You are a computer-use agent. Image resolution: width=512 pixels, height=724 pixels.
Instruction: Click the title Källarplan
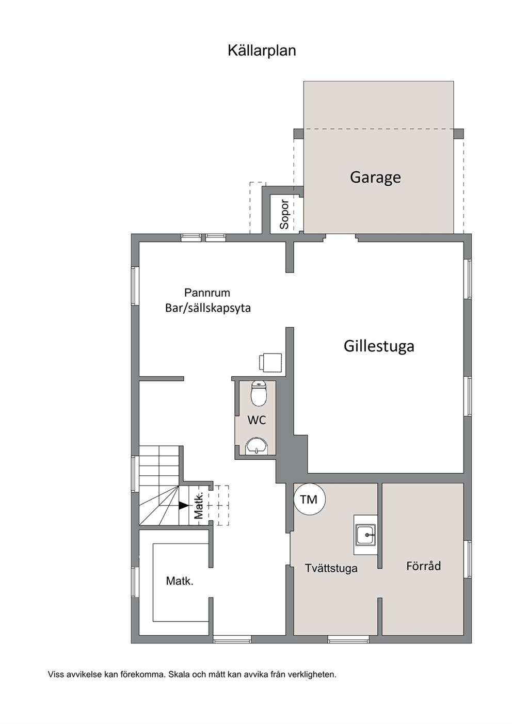(262, 51)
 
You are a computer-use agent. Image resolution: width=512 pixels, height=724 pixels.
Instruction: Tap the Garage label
(375, 177)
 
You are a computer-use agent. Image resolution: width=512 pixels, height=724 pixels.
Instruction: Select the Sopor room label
(284, 215)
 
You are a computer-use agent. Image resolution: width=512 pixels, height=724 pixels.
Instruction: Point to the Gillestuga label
(379, 346)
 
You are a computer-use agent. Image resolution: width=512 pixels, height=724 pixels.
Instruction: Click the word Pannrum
(207, 293)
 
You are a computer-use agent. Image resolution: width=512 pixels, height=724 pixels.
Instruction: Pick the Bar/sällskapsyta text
(208, 308)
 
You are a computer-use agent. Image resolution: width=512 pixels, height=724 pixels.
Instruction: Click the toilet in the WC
(259, 393)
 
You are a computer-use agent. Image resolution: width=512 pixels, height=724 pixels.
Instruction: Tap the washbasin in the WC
(257, 446)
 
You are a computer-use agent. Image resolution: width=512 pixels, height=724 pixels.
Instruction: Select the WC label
(257, 420)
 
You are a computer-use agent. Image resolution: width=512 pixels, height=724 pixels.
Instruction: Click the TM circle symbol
(309, 500)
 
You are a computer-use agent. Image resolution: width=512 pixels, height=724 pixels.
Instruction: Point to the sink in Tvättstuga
(366, 535)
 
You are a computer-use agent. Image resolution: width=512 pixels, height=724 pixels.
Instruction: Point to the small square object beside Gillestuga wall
(270, 363)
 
